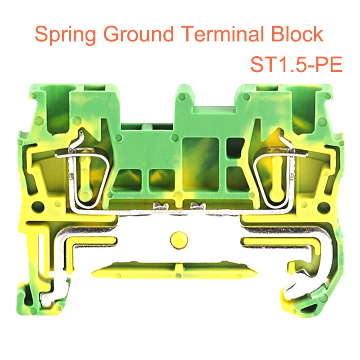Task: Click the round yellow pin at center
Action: pos(180,238)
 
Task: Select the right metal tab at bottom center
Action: pos(198,206)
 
